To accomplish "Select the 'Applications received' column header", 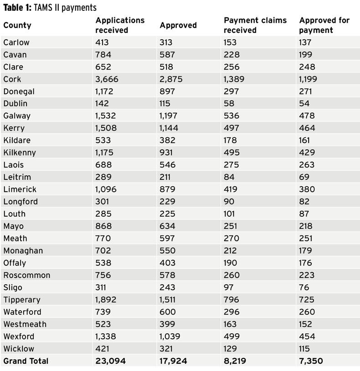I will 119,25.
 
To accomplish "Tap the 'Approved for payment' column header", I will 324,25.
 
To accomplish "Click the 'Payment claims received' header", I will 255,25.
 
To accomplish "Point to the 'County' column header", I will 17,25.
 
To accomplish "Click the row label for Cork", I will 12,79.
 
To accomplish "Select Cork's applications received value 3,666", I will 107,79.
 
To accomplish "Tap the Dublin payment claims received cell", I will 230,104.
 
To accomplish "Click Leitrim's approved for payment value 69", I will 304,177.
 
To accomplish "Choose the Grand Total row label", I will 26,361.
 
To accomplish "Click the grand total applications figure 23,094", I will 110,361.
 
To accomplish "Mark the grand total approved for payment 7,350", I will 311,361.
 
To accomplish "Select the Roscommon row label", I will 27,275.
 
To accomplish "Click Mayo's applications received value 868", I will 103,226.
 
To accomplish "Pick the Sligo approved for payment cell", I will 304,288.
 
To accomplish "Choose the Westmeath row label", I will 25,324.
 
